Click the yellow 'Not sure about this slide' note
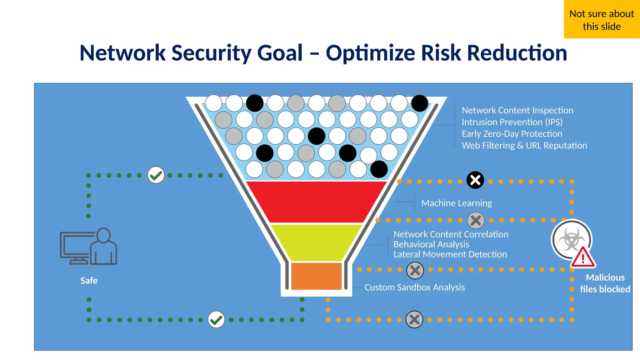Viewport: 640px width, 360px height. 602,19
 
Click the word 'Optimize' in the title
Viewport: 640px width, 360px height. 370,53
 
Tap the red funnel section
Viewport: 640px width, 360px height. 316,202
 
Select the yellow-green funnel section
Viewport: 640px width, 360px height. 316,242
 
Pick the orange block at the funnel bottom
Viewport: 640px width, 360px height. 316,276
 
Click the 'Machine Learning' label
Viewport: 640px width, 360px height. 457,203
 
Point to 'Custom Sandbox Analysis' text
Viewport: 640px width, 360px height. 415,287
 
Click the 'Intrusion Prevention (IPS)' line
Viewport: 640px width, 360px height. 512,122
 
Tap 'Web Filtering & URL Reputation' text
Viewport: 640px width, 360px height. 524,146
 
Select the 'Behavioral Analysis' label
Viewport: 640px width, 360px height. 431,244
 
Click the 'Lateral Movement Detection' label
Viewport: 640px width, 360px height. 450,254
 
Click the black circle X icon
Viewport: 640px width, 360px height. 475,180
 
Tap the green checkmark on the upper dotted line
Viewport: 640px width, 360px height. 156,175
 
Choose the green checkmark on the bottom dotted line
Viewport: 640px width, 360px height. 216,319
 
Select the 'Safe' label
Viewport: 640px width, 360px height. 89,281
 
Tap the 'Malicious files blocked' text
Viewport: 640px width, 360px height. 605,283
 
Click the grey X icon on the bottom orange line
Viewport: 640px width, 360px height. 414,319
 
